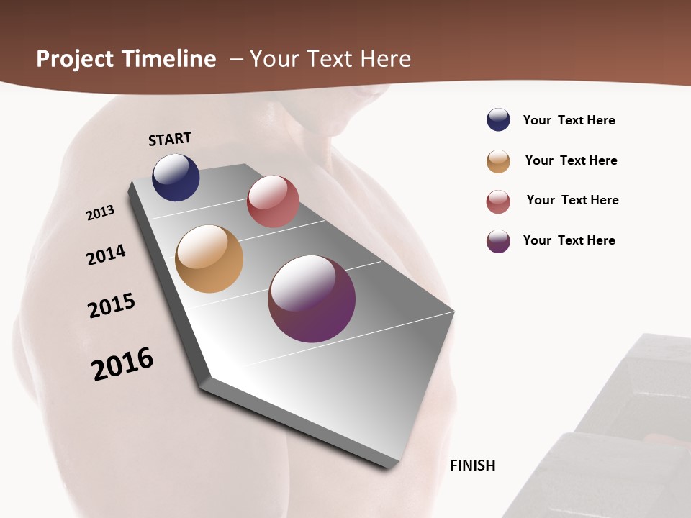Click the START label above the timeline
tap(170, 139)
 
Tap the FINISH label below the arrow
tap(473, 465)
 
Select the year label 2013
tap(101, 212)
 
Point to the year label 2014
tap(106, 255)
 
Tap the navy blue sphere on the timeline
tap(176, 177)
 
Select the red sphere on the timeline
tap(273, 201)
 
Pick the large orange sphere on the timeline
tap(209, 259)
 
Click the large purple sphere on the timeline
tap(312, 299)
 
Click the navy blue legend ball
tap(498, 119)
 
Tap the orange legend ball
tap(498, 161)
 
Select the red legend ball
tap(498, 201)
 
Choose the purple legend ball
tap(498, 241)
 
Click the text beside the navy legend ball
tap(569, 120)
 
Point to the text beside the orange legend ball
tap(571, 160)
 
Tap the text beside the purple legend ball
tap(569, 240)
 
